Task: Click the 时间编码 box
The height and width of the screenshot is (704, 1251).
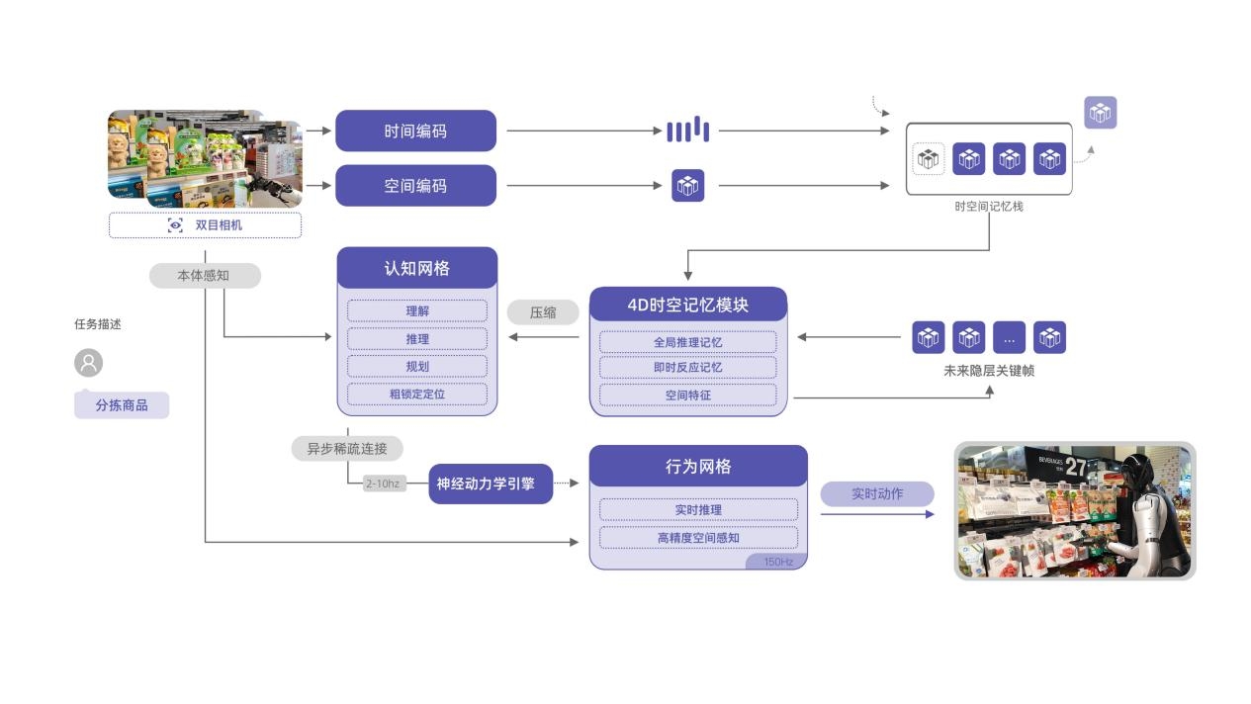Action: (415, 131)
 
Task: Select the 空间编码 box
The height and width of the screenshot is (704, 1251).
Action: (415, 186)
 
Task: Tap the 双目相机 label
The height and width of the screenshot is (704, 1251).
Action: (205, 225)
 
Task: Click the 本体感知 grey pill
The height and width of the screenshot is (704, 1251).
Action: (205, 276)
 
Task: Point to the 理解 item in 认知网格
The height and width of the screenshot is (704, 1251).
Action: (417, 310)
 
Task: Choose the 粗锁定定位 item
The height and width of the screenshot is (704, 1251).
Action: (417, 394)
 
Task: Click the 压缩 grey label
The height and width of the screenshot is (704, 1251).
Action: (543, 312)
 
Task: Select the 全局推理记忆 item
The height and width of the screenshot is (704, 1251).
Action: (687, 342)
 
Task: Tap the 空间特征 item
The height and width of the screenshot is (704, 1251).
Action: (687, 396)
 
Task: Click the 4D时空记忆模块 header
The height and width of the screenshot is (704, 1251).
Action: (688, 305)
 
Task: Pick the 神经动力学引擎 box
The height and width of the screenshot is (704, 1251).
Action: (491, 484)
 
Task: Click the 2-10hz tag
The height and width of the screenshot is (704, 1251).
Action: (384, 484)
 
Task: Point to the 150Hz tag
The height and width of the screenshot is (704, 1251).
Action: (778, 562)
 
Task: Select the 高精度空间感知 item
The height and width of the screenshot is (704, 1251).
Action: (698, 538)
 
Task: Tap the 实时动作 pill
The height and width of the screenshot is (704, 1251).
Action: (877, 493)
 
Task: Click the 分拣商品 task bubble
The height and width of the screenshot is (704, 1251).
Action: (122, 405)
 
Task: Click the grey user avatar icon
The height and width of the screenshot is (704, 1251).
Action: (88, 363)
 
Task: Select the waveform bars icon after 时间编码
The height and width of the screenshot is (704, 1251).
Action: (688, 130)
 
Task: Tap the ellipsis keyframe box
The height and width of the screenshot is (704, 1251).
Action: (1009, 338)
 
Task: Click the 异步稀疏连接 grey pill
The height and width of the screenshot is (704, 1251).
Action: (347, 448)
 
